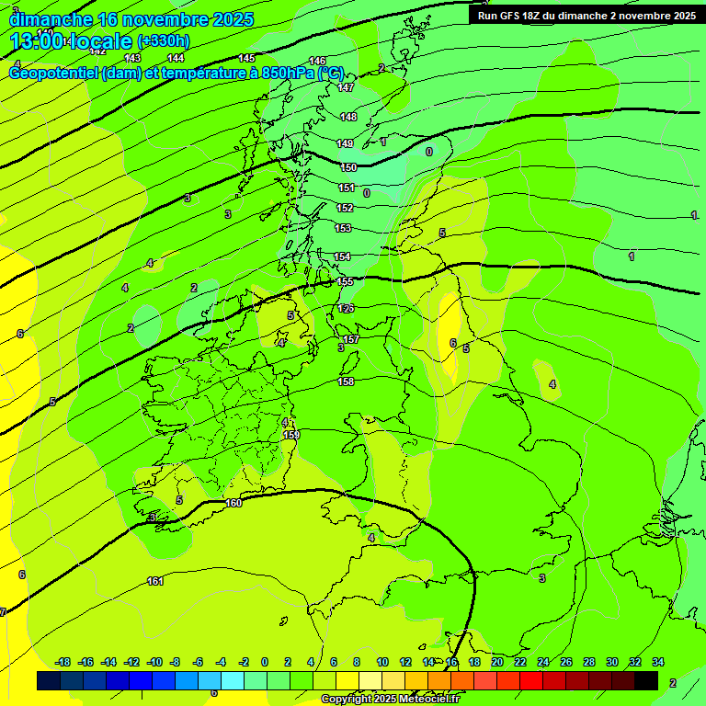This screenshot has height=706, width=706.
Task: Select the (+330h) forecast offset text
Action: tap(164, 40)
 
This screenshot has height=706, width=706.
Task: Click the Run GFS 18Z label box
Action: tap(586, 15)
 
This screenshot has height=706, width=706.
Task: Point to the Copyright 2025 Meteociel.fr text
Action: tap(391, 699)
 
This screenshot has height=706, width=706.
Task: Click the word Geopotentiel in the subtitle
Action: tap(53, 73)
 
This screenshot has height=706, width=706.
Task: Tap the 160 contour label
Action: tap(233, 503)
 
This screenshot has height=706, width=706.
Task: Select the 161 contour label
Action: tap(155, 581)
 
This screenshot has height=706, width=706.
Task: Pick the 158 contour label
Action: tap(346, 381)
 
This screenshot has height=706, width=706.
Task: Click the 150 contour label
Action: tap(347, 167)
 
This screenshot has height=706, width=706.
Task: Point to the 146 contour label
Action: tap(318, 61)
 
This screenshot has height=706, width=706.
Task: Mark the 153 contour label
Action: tap(343, 228)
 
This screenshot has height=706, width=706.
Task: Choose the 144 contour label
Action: tap(176, 58)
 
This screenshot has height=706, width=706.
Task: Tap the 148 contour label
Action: tap(348, 117)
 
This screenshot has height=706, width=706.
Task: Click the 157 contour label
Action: tap(351, 340)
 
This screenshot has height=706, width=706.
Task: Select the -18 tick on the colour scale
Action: tap(63, 662)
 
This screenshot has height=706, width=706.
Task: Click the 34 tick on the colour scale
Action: tap(658, 662)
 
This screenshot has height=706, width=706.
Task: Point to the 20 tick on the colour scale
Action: tap(497, 662)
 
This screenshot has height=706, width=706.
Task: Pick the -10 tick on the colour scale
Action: tap(154, 662)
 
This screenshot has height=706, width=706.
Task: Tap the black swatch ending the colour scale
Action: tap(646, 680)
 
